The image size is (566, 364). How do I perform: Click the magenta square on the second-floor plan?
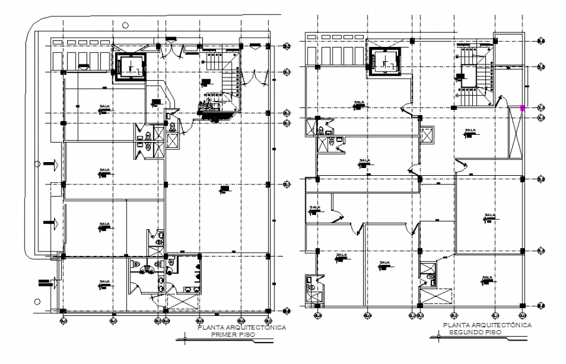click(522, 108)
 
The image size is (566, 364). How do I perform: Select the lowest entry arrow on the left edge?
click(44, 283)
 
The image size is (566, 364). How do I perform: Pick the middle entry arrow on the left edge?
click(51, 224)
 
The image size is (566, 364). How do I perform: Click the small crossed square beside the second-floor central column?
click(427, 136)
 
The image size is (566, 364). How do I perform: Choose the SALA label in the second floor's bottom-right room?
click(486, 279)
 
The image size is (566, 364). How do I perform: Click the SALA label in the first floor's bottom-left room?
click(103, 284)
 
